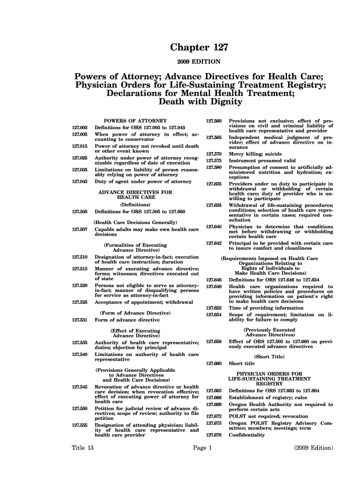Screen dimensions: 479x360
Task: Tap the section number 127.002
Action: (80, 127)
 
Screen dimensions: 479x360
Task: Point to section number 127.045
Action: (80, 181)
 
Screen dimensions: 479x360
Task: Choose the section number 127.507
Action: (80, 229)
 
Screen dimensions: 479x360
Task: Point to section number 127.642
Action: (214, 243)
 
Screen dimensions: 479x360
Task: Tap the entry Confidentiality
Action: (247, 435)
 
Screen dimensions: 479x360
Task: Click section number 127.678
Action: (214, 435)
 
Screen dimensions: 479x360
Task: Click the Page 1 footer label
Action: (203, 448)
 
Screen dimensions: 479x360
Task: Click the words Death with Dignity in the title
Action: (201, 102)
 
